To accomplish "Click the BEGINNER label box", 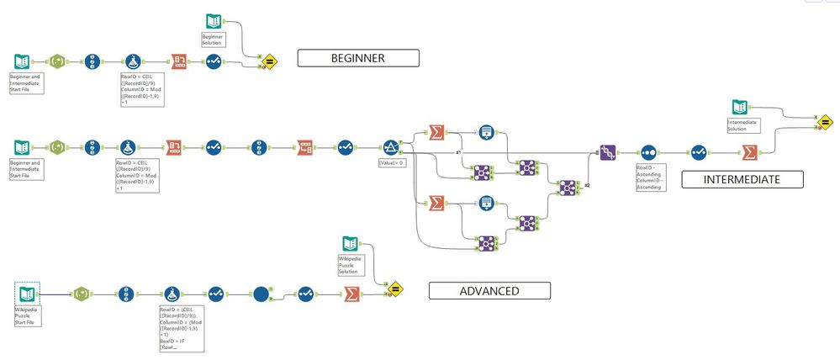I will [x=357, y=58].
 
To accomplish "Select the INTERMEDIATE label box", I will [x=742, y=178].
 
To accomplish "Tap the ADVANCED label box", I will [x=489, y=290].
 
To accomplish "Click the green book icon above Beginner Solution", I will [x=214, y=22].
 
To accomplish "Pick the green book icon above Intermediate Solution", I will [x=739, y=108].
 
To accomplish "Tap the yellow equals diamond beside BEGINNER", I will [x=270, y=61].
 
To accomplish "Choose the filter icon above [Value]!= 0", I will [x=391, y=146].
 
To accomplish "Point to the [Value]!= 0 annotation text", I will [x=393, y=162].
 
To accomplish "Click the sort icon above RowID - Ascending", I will [x=648, y=152].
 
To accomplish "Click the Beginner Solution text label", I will [x=214, y=39].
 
